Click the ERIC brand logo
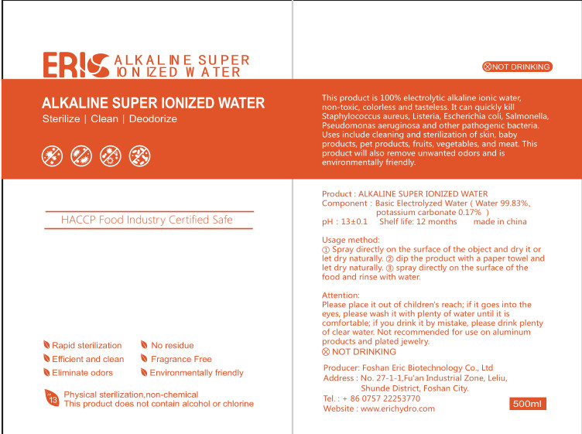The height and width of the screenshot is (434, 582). tap(74, 65)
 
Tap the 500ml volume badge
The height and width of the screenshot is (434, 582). tap(529, 404)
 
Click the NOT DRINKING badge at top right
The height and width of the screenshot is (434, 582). tap(516, 67)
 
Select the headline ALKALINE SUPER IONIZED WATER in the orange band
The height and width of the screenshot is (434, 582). tap(153, 103)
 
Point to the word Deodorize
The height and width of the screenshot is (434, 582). tap(153, 119)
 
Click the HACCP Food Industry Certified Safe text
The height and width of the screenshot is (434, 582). tap(146, 220)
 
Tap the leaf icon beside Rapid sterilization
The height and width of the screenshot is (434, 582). tap(46, 345)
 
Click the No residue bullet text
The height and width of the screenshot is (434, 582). tap(172, 345)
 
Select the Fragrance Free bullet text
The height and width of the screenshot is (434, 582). tap(181, 359)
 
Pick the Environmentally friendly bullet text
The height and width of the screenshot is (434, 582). tap(197, 373)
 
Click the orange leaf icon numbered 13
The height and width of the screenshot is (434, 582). tap(52, 398)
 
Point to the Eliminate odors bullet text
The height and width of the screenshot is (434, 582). tap(82, 373)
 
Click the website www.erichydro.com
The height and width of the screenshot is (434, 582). tap(398, 408)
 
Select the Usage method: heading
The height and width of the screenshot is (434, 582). tap(351, 240)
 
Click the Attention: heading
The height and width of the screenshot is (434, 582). tap(341, 296)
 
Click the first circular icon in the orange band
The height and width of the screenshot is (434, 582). tap(52, 156)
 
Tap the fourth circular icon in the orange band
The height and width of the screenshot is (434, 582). tap(139, 156)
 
